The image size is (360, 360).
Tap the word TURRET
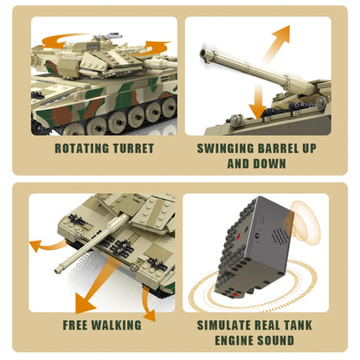tap(131, 148)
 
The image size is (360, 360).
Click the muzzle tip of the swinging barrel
tap(204, 55)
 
